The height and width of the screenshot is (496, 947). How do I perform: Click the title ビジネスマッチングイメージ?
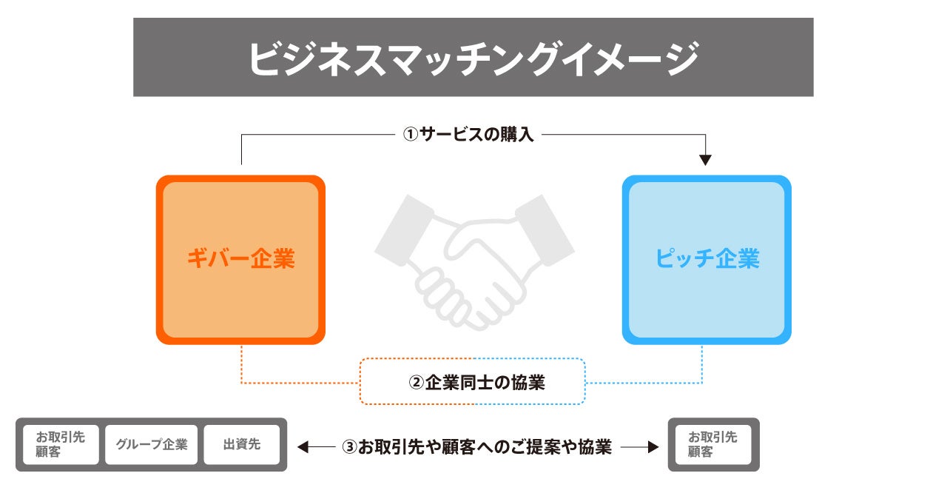click(x=473, y=58)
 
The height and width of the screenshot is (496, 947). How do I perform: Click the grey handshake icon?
click(x=473, y=259)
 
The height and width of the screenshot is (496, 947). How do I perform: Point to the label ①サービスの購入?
click(x=468, y=135)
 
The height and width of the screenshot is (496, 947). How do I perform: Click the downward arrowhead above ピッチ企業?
click(x=705, y=159)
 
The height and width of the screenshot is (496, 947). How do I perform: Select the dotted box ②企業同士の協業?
click(x=473, y=382)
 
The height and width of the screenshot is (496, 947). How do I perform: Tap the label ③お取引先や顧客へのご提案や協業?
click(x=477, y=446)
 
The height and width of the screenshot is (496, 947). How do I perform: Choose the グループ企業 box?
click(x=152, y=445)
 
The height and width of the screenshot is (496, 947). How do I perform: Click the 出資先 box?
click(x=242, y=445)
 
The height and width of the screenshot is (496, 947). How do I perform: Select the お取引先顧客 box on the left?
click(x=61, y=445)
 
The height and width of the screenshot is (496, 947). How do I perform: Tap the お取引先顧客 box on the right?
click(x=713, y=445)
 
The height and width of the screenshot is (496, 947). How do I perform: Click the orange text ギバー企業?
click(x=240, y=259)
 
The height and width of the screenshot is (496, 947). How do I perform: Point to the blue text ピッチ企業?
click(x=707, y=259)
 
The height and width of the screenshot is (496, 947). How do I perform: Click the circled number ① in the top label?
click(x=410, y=135)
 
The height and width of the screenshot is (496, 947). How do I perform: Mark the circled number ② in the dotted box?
click(x=417, y=383)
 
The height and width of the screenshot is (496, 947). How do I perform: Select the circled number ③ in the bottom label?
click(x=350, y=447)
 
